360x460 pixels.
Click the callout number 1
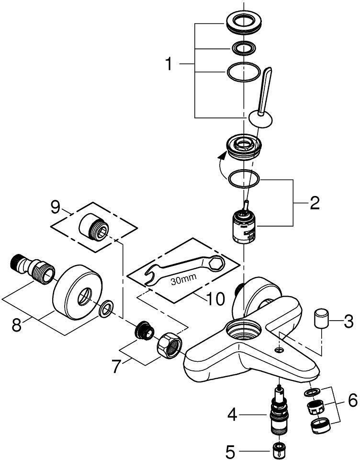pos(169,64)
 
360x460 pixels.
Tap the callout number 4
pos(232,414)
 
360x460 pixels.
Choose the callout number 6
pos(352,400)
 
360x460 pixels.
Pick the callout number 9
pos(56,207)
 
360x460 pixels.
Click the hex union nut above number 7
pos(169,344)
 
